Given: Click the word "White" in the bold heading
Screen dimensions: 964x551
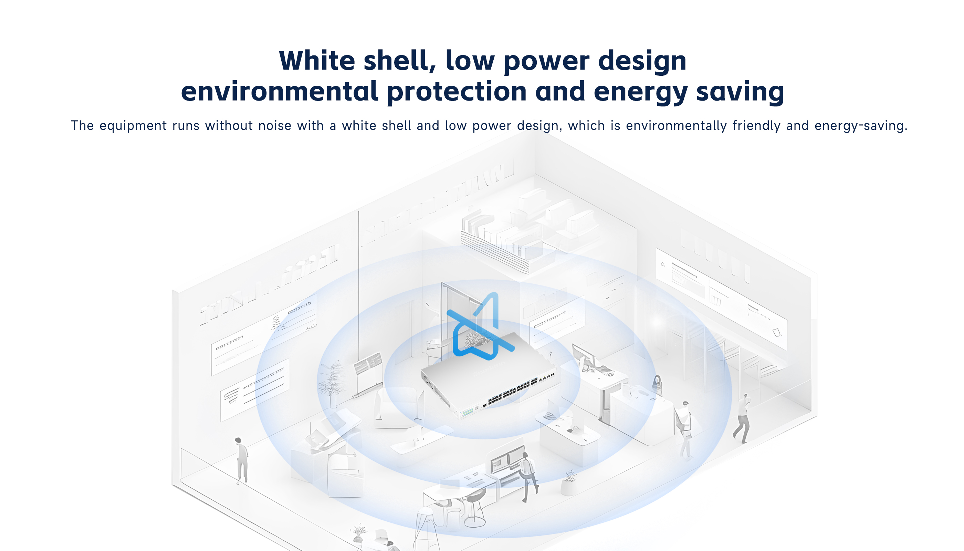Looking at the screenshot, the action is coord(317,61).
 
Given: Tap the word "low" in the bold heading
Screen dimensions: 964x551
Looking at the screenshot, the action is coord(470,61).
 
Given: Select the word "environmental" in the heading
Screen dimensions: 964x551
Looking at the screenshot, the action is coord(280,92).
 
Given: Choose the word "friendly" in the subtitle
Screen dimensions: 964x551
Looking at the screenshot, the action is coord(756,126).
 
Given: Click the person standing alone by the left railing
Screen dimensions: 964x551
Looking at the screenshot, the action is coord(241,460).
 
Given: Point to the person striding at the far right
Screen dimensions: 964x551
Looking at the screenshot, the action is coord(742,418).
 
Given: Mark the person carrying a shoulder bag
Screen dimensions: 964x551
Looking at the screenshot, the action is coord(685,429).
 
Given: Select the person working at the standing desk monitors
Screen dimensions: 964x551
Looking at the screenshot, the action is coord(528,477).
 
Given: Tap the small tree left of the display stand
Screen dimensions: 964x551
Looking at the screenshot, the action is coord(332,383).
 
